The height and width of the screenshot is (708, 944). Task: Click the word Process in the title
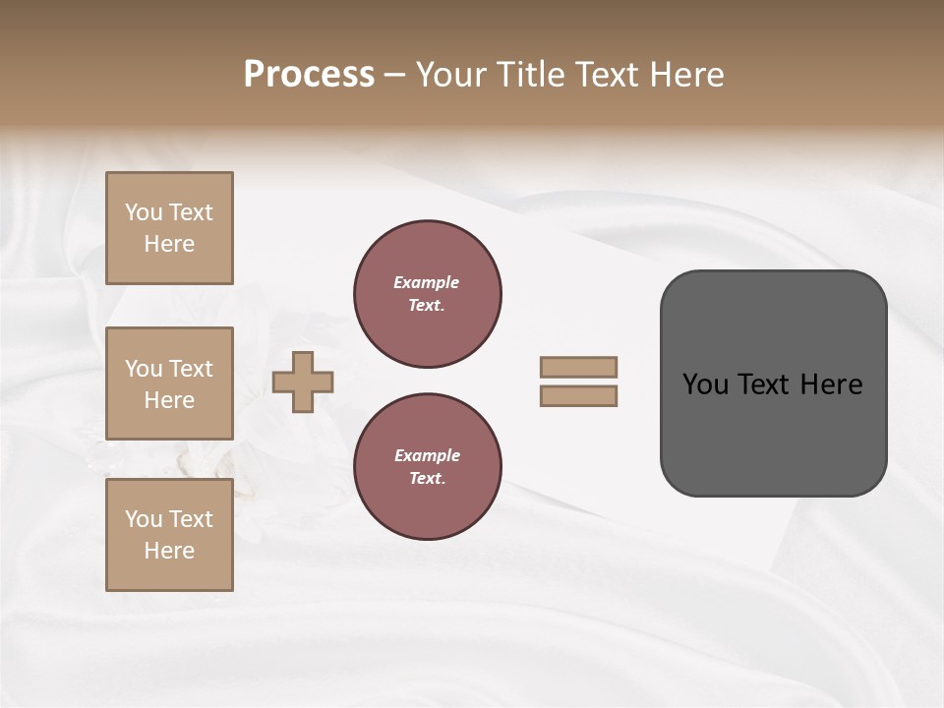pos(309,74)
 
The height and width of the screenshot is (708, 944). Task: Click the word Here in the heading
pos(685,74)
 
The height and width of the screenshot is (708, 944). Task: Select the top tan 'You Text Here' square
pos(169,228)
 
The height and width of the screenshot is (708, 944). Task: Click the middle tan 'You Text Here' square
pos(169,383)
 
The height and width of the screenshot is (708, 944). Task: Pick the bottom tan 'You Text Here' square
pos(169,535)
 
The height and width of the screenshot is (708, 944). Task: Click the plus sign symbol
pos(303,382)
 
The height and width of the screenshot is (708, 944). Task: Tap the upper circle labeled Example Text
pos(427,293)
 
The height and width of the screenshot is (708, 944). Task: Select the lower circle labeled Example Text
pos(427,466)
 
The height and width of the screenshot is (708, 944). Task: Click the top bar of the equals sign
pos(578,367)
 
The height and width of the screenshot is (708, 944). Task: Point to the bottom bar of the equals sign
pos(578,395)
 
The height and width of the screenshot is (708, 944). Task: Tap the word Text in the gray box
pos(765,384)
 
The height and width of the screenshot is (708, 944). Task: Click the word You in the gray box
pos(706,384)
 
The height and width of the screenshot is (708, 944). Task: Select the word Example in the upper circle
pos(426,282)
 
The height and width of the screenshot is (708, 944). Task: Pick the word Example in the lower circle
pos(427,455)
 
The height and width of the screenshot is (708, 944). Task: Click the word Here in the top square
pos(169,244)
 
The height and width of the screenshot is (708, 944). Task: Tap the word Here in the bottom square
pos(169,551)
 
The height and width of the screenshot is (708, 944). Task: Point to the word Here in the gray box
pos(831,384)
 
